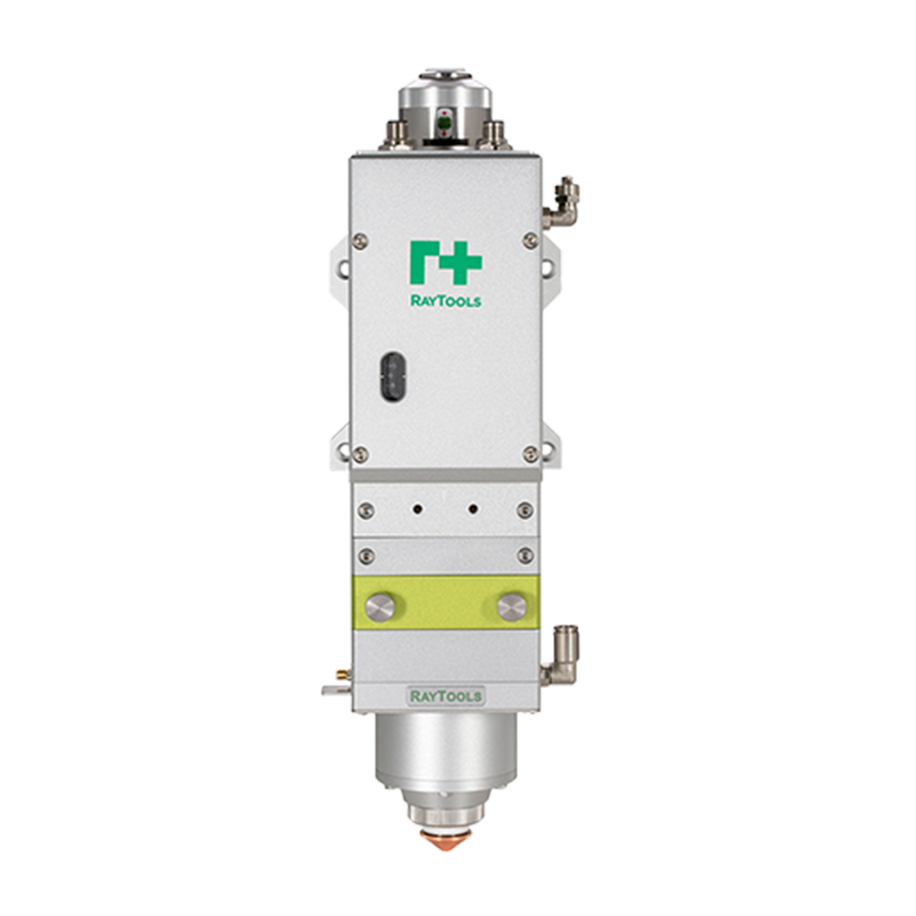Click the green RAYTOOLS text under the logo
pyautogui.click(x=446, y=300)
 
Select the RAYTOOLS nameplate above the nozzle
pyautogui.click(x=446, y=696)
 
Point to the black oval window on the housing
pyautogui.click(x=392, y=376)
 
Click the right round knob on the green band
pyautogui.click(x=512, y=607)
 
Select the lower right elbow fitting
pyautogui.click(x=561, y=654)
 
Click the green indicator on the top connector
pyautogui.click(x=445, y=123)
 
